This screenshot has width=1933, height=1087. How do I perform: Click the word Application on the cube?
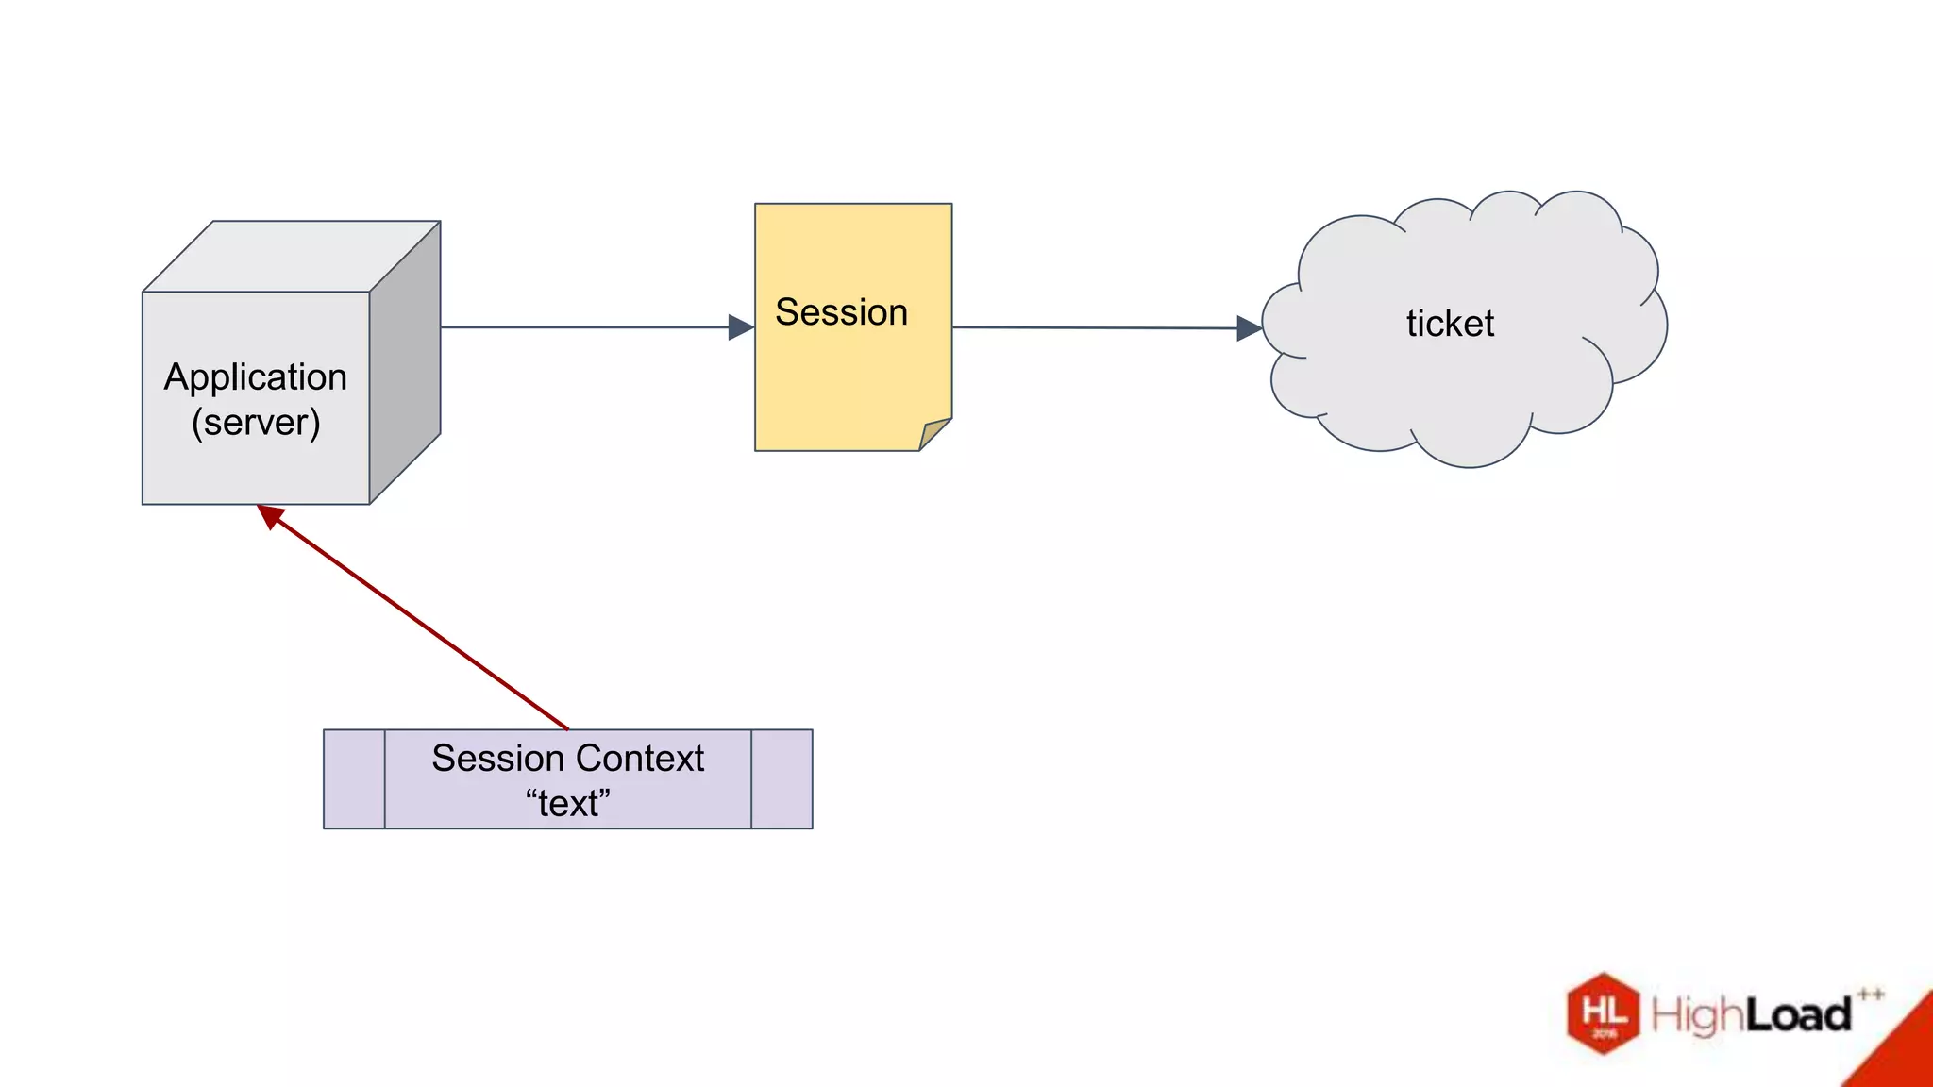pos(256,376)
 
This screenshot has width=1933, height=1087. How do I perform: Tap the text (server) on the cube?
pos(256,422)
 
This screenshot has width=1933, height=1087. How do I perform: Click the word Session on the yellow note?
pos(841,312)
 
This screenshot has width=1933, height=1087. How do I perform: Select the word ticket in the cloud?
pos(1450,324)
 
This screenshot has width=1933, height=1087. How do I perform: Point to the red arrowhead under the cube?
pos(270,515)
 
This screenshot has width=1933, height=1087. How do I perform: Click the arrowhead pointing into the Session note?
pos(741,327)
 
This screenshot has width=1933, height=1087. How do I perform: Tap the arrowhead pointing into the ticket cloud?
pos(1249,328)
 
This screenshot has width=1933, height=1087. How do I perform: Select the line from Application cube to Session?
pos(585,327)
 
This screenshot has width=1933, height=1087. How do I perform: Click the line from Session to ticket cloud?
pos(1095,328)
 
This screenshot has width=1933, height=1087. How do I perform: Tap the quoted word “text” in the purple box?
pos(567,804)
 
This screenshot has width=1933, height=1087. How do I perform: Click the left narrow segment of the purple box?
pos(354,779)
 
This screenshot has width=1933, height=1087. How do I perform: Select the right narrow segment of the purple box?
pos(782,779)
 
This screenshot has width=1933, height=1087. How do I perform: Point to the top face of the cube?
pos(291,256)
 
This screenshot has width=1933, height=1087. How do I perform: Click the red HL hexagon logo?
pos(1603,1013)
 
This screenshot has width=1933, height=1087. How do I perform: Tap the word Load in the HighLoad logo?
pos(1797,1015)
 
